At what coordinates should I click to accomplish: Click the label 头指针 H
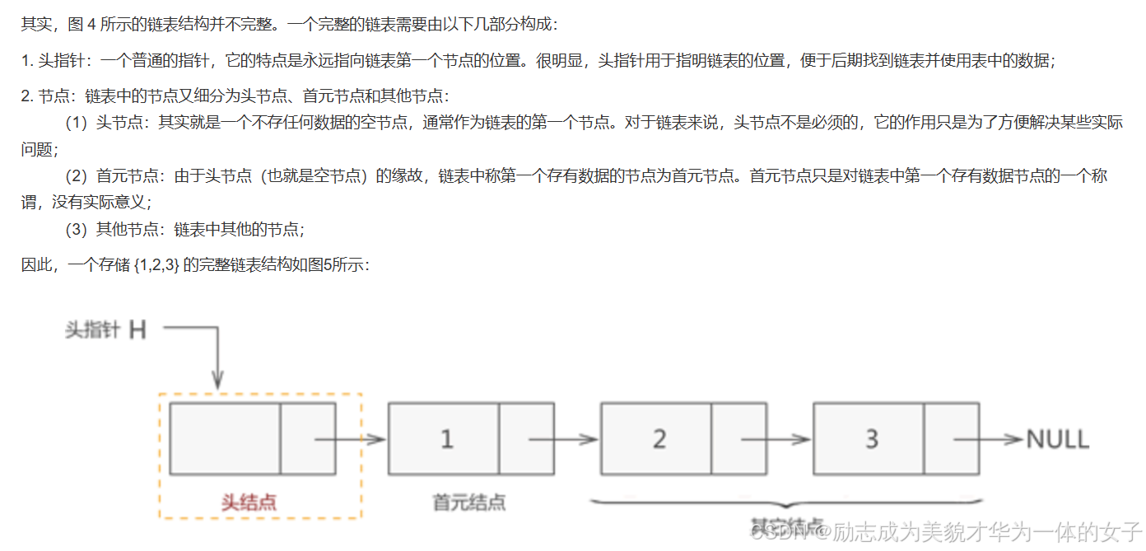(x=106, y=330)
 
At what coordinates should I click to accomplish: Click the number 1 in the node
(x=445, y=439)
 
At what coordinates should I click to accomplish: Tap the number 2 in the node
(x=659, y=439)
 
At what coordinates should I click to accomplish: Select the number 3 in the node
(x=871, y=439)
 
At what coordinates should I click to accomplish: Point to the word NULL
(x=1058, y=439)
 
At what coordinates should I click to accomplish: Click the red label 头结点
(x=249, y=502)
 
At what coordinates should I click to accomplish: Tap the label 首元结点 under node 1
(x=469, y=502)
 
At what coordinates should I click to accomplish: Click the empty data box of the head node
(x=225, y=439)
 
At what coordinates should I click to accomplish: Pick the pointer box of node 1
(x=526, y=439)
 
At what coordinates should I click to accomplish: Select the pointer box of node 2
(x=738, y=439)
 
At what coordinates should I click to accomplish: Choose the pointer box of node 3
(x=951, y=439)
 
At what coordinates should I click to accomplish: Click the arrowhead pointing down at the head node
(x=217, y=380)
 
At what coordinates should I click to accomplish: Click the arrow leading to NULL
(x=1000, y=439)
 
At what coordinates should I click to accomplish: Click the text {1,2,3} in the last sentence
(x=156, y=265)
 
